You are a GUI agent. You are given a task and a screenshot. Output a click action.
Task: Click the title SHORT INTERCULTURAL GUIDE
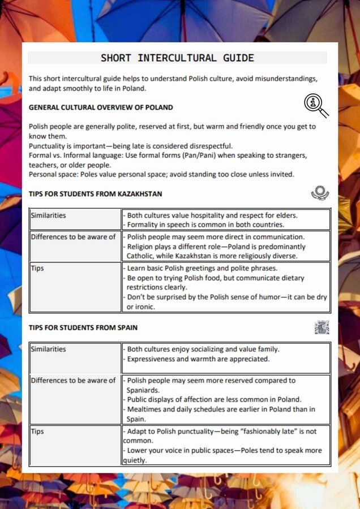(x=177, y=58)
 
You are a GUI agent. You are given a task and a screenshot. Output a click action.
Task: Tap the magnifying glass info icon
(x=315, y=105)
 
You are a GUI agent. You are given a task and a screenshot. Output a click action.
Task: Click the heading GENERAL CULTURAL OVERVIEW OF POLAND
(x=101, y=107)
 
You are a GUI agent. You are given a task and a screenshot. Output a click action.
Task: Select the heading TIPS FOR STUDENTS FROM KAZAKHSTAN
(x=95, y=194)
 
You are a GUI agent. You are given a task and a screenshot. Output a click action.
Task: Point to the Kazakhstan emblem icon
(x=320, y=193)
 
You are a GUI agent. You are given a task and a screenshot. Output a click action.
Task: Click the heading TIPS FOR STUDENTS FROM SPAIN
(x=83, y=327)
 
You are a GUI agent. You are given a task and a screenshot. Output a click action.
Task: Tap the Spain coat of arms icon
(x=322, y=327)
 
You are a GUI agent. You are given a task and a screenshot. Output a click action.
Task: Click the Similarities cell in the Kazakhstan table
(x=48, y=215)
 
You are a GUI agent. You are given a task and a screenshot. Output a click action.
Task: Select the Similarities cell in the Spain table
(x=48, y=349)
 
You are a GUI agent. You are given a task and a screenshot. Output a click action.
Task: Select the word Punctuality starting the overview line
(x=49, y=146)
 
